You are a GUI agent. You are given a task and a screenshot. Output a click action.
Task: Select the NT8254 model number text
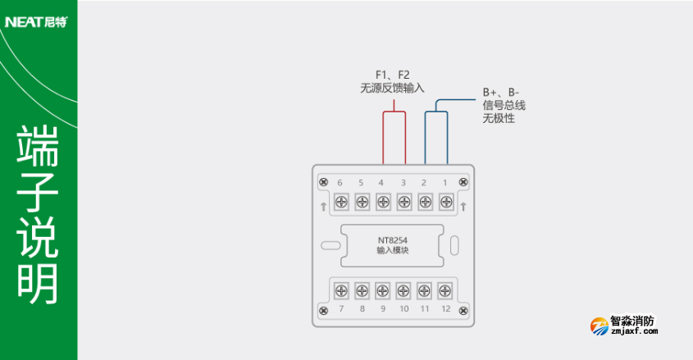pos(393,241)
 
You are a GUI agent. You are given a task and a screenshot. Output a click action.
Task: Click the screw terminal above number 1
pos(446,201)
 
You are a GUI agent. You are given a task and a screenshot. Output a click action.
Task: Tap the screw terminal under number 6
pos(340,201)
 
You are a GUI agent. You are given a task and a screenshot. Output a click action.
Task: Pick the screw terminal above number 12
pos(445,290)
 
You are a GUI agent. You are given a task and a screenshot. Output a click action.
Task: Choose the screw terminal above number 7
pos(340,290)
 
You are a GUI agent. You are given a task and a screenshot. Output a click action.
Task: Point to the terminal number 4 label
pos(381,182)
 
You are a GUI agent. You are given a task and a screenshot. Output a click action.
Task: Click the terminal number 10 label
pos(403,308)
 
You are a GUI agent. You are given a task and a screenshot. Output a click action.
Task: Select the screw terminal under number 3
pos(403,201)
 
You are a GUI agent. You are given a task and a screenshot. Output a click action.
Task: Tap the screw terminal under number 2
pos(425,201)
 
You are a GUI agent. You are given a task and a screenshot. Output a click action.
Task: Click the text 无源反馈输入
pos(392,88)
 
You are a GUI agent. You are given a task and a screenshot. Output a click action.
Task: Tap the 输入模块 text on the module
pos(393,251)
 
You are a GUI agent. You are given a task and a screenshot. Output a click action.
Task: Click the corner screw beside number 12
pos(463,309)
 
